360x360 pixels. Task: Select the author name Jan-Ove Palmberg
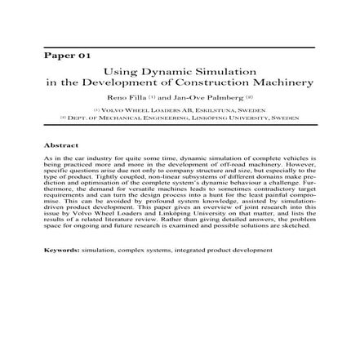tap(203, 97)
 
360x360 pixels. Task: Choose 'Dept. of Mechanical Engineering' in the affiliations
tap(135, 117)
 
